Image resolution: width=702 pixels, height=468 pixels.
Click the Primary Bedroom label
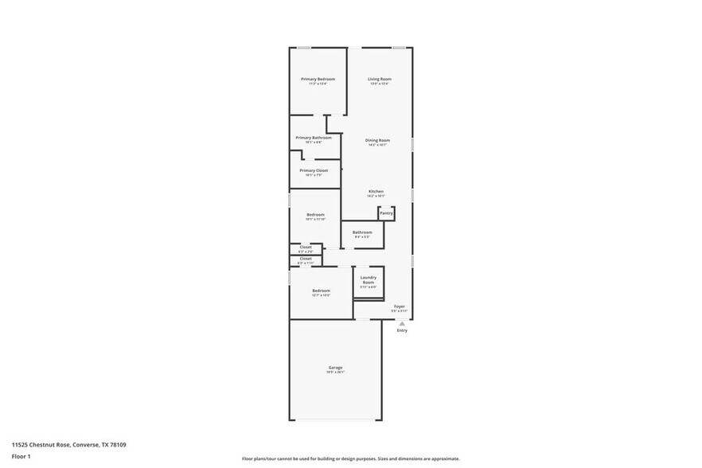(318, 80)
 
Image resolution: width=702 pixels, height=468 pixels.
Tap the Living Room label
(379, 80)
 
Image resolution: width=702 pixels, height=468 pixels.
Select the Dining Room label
(377, 141)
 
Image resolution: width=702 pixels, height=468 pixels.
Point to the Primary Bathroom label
(314, 138)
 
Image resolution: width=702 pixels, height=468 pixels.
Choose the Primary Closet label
(314, 171)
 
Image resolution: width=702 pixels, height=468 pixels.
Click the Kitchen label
(376, 192)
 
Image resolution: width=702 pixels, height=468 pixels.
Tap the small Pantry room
(386, 213)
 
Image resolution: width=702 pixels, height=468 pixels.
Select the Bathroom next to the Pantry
(362, 233)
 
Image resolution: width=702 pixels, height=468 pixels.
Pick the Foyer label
(400, 306)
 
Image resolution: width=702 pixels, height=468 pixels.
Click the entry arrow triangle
(402, 323)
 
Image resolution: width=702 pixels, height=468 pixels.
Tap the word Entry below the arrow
(402, 330)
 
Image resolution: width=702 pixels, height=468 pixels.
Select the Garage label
(335, 368)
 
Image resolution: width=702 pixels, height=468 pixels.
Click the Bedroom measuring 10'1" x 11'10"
(316, 215)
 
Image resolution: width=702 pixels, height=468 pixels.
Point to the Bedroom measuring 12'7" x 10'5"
(321, 291)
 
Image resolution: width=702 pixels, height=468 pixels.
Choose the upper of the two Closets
(306, 248)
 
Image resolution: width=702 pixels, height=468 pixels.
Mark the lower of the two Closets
(306, 259)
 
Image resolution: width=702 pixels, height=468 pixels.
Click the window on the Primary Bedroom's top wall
(304, 48)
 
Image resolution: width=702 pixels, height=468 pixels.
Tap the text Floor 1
(21, 456)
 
